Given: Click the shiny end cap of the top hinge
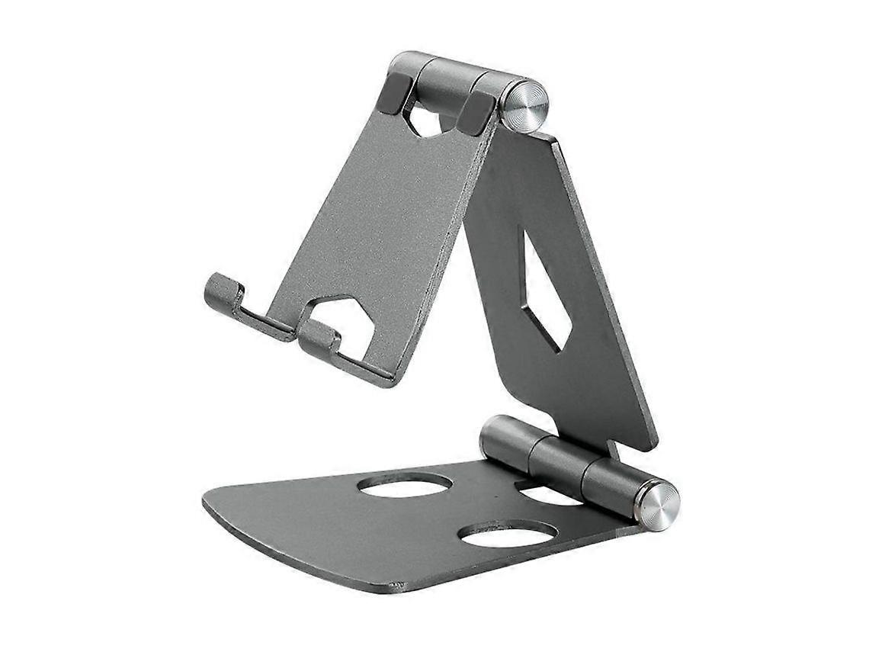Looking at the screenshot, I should coord(524,108).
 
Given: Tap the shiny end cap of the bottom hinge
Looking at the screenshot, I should coord(656,505).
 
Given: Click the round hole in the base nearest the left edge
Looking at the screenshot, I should coord(405,485).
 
